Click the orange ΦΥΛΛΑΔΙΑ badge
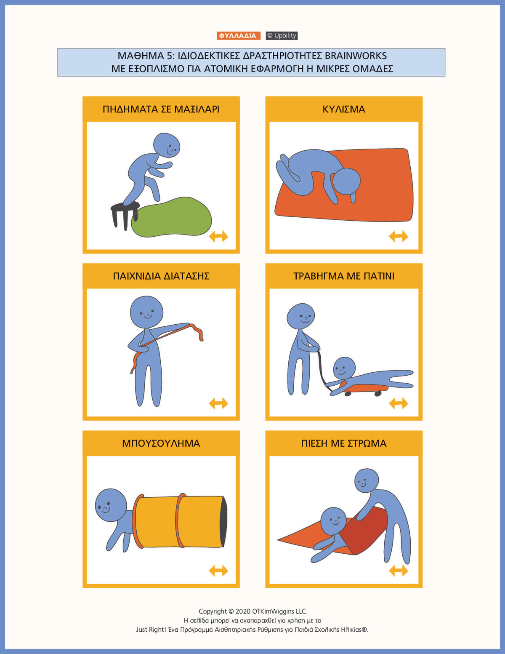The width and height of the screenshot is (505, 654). point(239,35)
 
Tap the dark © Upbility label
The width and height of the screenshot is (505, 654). point(282,35)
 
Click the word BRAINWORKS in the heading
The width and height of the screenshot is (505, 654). point(356,56)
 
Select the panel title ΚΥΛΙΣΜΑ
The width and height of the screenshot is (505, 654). point(344,109)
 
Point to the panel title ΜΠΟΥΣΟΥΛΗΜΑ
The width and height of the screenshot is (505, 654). point(161,443)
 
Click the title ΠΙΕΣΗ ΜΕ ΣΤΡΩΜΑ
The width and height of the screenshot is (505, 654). point(344,443)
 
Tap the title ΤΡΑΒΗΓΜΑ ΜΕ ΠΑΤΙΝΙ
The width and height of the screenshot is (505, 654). point(344,276)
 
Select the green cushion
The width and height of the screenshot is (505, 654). point(171,217)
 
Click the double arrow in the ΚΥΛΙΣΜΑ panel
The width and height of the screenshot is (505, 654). point(399,236)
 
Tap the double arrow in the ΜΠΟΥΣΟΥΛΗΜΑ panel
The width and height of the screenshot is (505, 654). point(218,571)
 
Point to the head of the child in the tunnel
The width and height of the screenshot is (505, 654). point(111,505)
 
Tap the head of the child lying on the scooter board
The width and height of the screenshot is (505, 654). point(344,368)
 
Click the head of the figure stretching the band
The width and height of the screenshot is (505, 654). point(146,312)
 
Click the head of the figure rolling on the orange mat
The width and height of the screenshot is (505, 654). point(346,181)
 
